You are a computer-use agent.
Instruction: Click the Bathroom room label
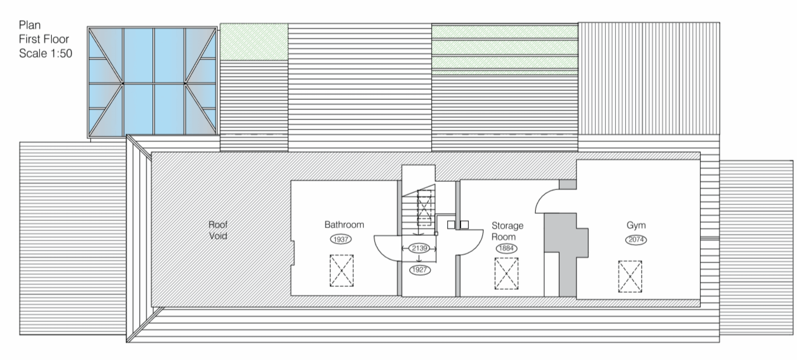[x=344, y=225]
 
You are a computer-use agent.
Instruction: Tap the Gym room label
[x=636, y=225]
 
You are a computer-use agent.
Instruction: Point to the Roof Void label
[x=218, y=230]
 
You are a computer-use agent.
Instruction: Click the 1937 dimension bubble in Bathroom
[x=341, y=239]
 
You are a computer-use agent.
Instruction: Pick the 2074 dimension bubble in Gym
[x=636, y=240]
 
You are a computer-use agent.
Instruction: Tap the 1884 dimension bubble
[x=506, y=248]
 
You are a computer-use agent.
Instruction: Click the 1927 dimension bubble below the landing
[x=420, y=270]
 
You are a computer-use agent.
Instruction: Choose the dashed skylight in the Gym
[x=630, y=277]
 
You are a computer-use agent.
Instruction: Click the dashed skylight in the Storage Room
[x=506, y=274]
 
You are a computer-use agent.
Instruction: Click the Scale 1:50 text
[x=45, y=53]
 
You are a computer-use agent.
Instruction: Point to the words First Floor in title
[x=44, y=39]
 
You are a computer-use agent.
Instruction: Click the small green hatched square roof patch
[x=254, y=42]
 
